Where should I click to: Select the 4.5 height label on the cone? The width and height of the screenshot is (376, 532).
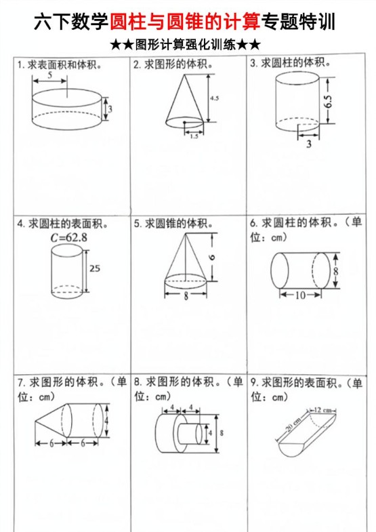click(214, 98)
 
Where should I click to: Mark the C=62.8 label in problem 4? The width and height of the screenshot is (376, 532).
click(68, 238)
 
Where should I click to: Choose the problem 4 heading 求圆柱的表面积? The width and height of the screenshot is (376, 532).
click(67, 223)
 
